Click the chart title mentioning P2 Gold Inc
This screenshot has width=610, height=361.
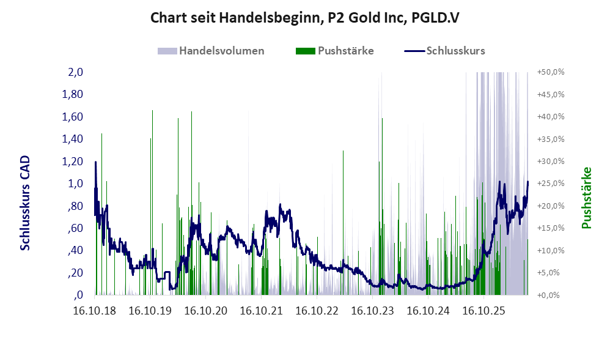pyautogui.click(x=304, y=18)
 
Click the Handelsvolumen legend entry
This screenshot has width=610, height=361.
pyautogui.click(x=211, y=51)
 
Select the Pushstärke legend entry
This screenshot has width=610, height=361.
pyautogui.click(x=334, y=51)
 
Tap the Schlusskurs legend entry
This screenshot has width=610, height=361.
pyautogui.click(x=444, y=51)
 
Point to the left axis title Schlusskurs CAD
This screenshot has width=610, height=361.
pyautogui.click(x=25, y=203)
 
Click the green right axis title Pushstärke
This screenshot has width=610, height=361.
pyautogui.click(x=586, y=198)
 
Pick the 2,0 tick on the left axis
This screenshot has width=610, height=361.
pyautogui.click(x=75, y=72)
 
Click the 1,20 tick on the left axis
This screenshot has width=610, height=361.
pyautogui.click(x=72, y=161)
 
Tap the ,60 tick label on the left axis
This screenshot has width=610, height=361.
pyautogui.click(x=75, y=228)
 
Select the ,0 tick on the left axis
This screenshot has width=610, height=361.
pyautogui.click(x=78, y=295)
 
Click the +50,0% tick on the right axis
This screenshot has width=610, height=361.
pyautogui.click(x=551, y=72)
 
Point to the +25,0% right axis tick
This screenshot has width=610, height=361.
pyautogui.click(x=551, y=184)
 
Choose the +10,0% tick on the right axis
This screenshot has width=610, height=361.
pyautogui.click(x=551, y=250)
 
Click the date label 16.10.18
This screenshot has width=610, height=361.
pyautogui.click(x=95, y=311)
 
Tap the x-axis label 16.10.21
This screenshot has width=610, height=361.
pyautogui.click(x=262, y=311)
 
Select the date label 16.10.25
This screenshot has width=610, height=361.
pyautogui.click(x=483, y=311)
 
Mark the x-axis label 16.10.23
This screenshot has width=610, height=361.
pyautogui.click(x=373, y=311)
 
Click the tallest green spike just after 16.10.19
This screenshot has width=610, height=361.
pyautogui.click(x=152, y=203)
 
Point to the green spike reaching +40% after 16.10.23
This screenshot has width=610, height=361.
pyautogui.click(x=383, y=206)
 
